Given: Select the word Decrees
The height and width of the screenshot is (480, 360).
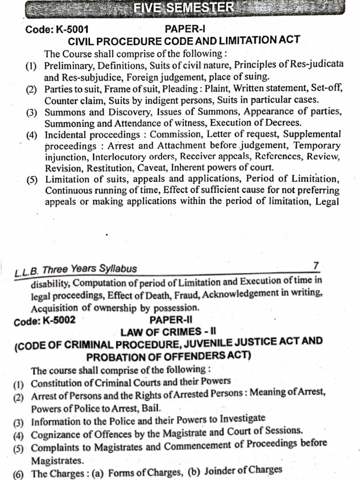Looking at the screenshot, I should pyautogui.click(x=283, y=123).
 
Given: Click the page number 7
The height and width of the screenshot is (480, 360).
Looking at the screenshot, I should pyautogui.click(x=316, y=266).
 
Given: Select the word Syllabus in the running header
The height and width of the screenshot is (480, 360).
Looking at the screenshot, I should pyautogui.click(x=115, y=269).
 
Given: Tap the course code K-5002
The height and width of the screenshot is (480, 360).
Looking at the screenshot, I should pyautogui.click(x=58, y=321).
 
